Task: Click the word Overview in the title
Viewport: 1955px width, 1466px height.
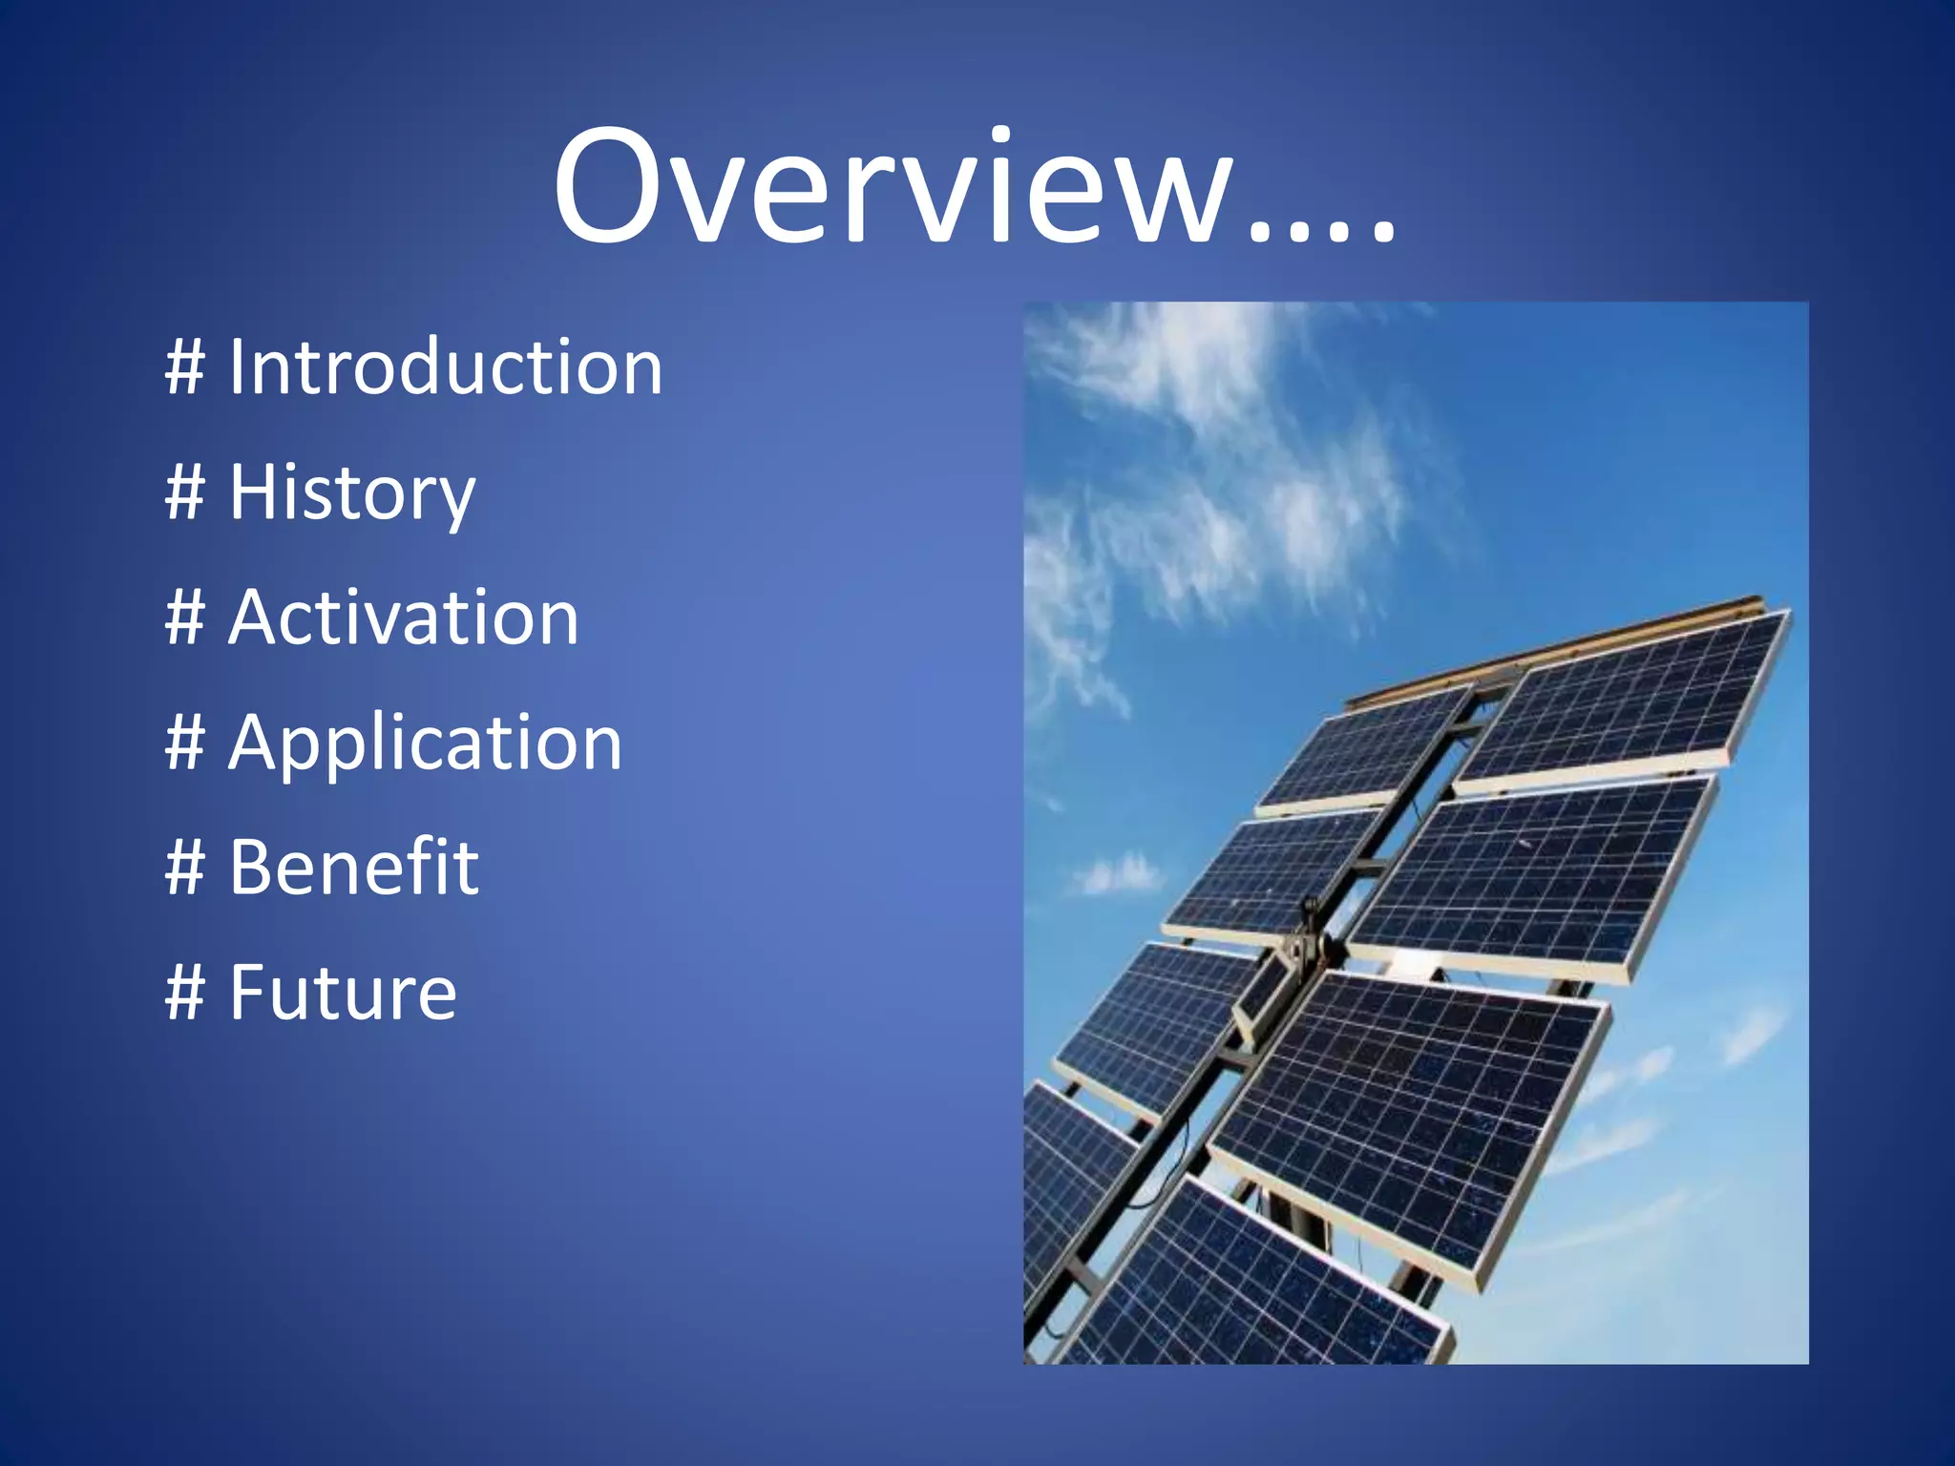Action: (893, 186)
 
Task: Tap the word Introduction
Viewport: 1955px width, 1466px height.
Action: (445, 367)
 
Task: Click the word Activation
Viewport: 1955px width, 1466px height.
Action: (403, 618)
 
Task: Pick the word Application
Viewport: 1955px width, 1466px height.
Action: (425, 743)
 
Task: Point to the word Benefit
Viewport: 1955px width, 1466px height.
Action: (353, 868)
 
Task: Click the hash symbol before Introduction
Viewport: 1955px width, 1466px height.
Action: (185, 367)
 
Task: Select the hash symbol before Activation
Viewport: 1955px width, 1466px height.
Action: (185, 618)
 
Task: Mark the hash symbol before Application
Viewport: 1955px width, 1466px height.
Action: (185, 743)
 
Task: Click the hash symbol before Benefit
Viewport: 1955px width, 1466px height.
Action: (185, 868)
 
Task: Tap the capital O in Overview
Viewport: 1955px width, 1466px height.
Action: (611, 186)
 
